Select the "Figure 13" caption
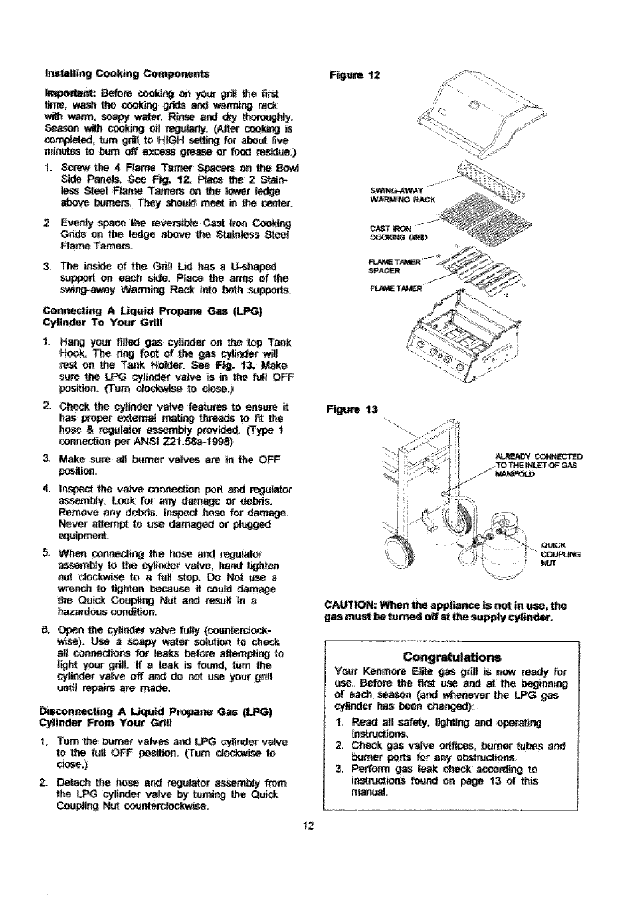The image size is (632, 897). [352, 411]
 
